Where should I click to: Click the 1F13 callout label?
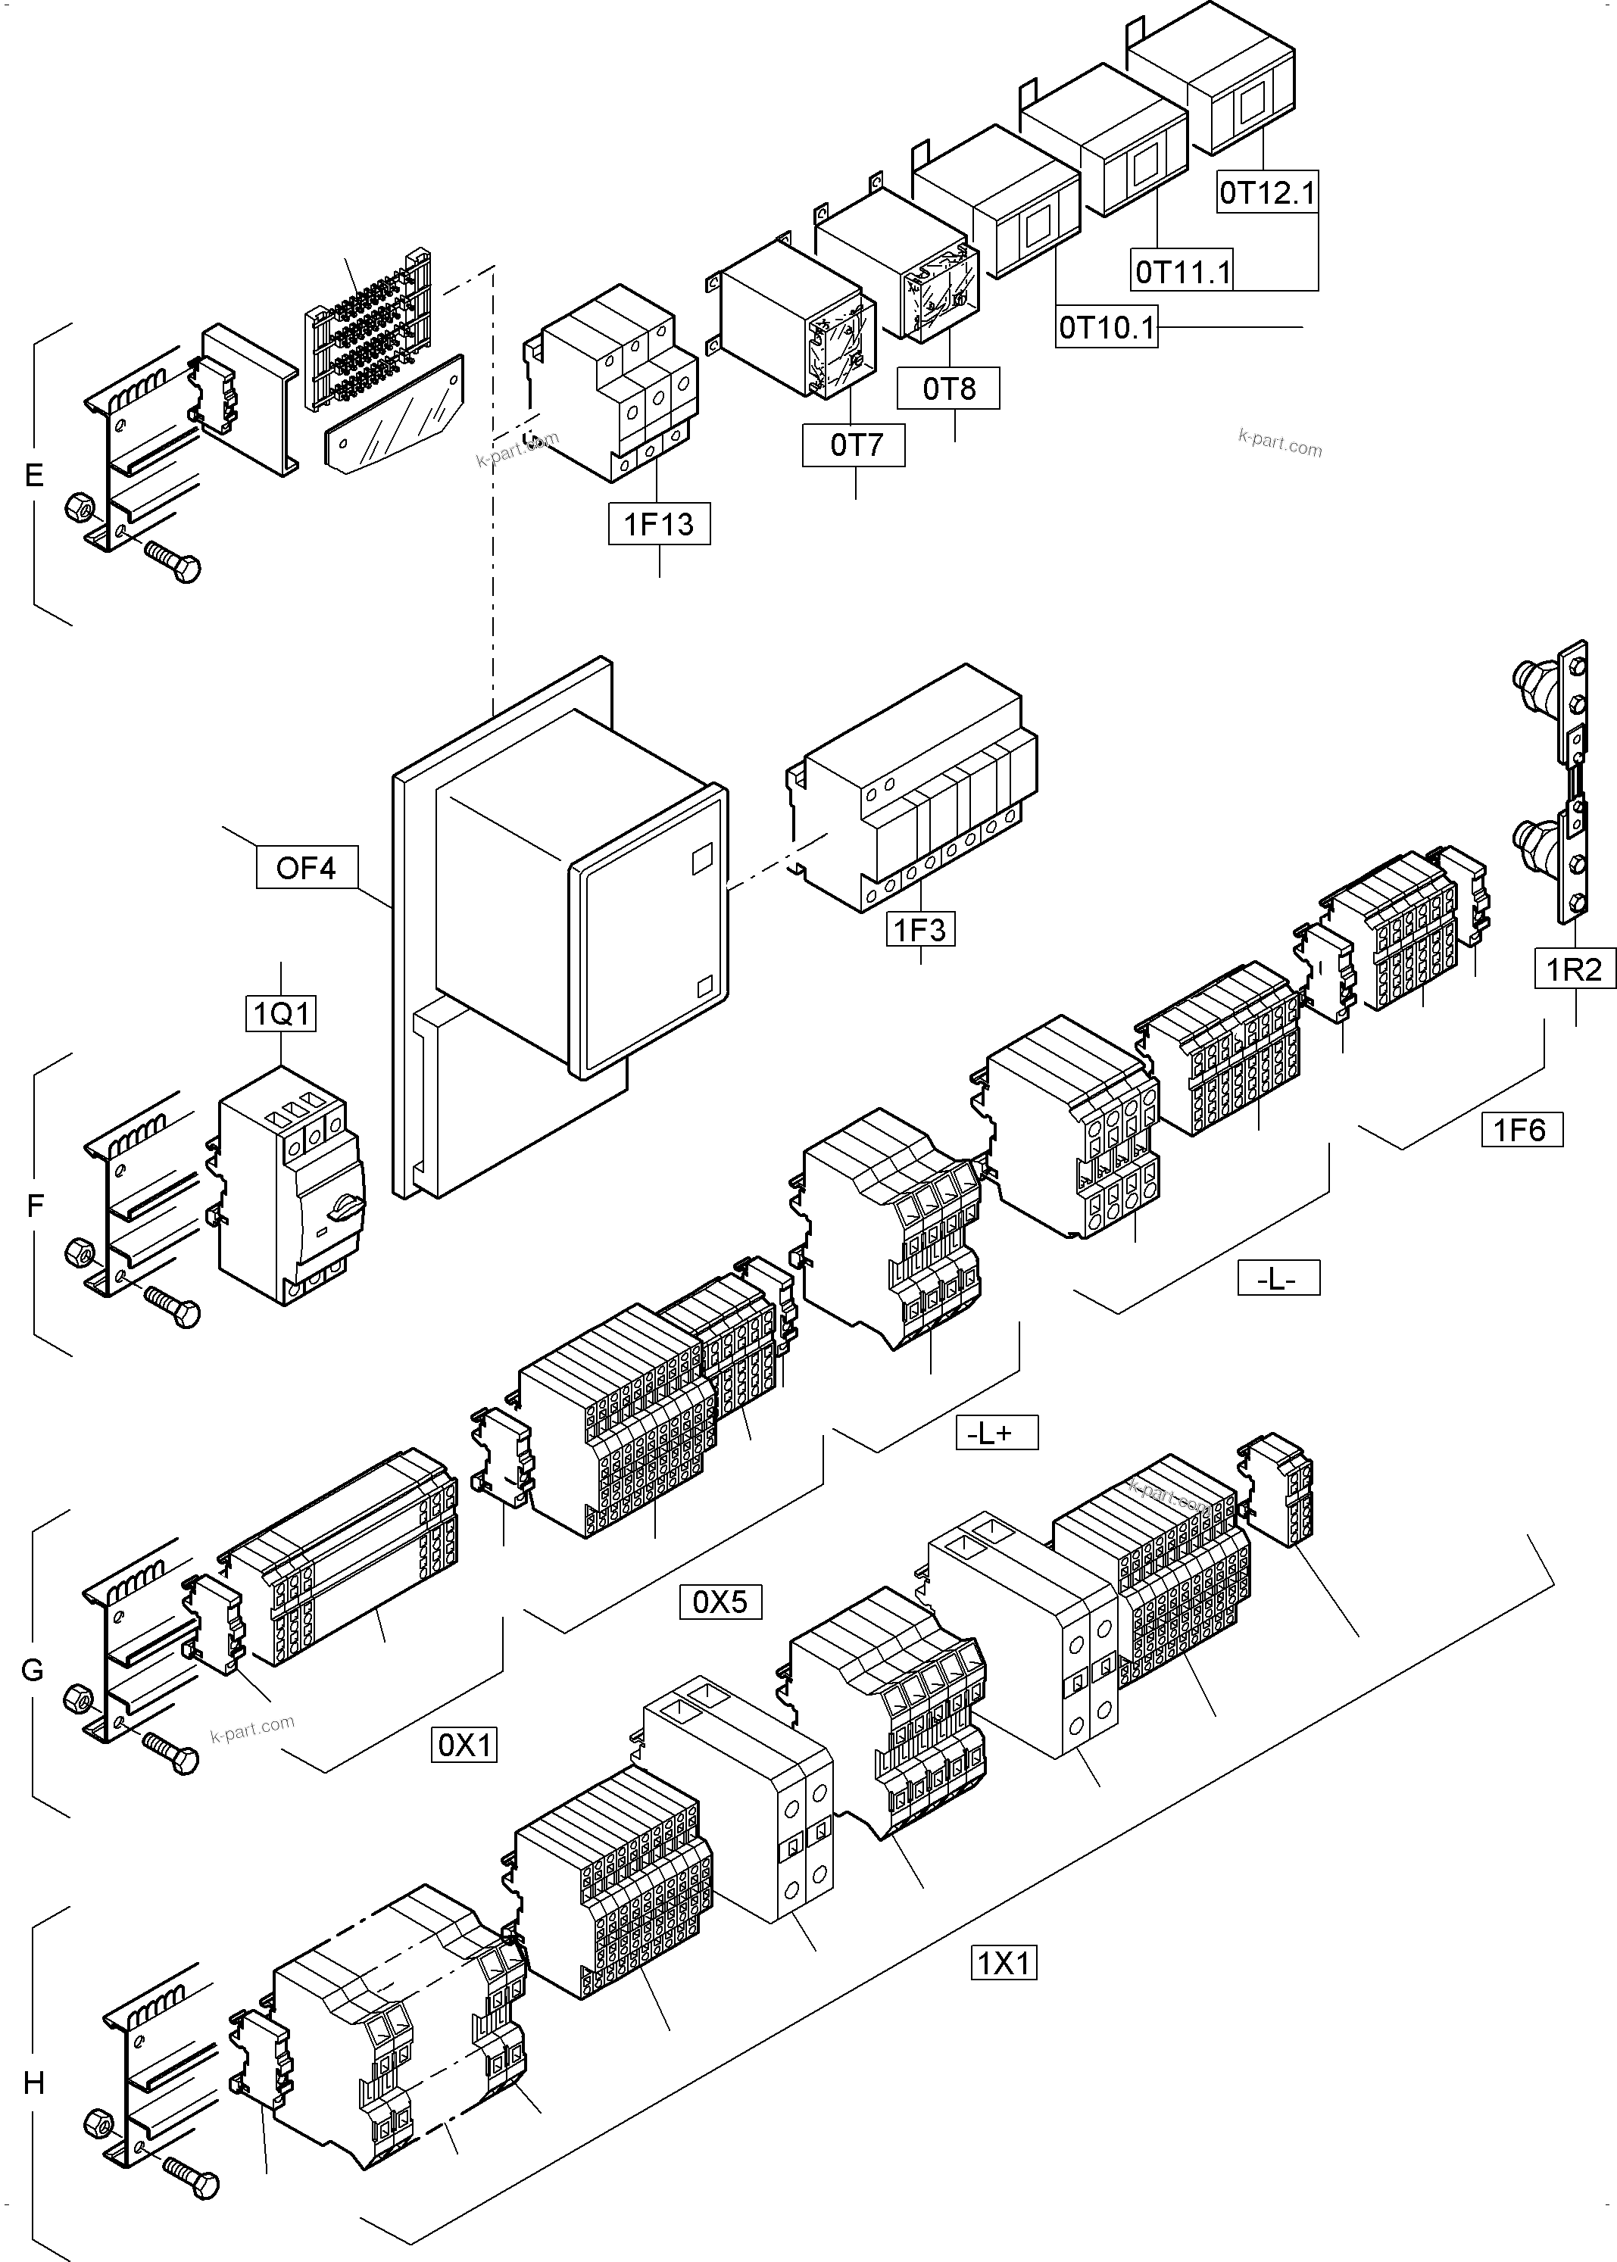tap(659, 524)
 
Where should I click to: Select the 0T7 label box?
tap(854, 445)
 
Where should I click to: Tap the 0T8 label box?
tap(948, 388)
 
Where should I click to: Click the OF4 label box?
tap(306, 867)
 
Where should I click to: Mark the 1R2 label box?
tap(1574, 969)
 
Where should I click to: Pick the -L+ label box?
tap(996, 1433)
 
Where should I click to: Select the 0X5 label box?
tap(720, 1602)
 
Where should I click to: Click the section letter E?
tap(34, 476)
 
